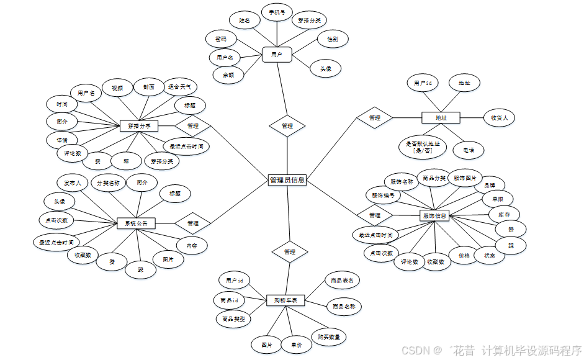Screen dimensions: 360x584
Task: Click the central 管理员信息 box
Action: click(287, 180)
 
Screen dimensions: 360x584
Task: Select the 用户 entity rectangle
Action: click(277, 55)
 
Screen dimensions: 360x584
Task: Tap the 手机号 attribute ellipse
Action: click(277, 12)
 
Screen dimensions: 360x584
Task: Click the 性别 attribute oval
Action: click(332, 39)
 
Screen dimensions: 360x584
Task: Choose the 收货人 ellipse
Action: click(499, 117)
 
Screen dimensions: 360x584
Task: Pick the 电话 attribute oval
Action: click(467, 150)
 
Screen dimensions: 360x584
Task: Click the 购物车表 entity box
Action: click(285, 300)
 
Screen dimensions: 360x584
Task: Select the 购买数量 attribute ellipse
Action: click(328, 337)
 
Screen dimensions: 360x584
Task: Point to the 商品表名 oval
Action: click(342, 281)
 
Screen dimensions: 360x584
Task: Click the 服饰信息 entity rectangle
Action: click(434, 216)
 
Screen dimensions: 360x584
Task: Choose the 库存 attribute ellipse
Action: click(504, 214)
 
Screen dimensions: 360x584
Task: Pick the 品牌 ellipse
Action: click(489, 185)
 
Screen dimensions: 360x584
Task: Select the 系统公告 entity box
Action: click(136, 223)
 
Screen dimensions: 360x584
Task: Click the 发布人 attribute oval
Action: click(73, 183)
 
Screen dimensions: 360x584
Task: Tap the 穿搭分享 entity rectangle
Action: click(139, 126)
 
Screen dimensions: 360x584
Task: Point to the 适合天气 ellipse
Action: click(179, 87)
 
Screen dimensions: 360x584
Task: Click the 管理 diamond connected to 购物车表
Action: click(289, 252)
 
